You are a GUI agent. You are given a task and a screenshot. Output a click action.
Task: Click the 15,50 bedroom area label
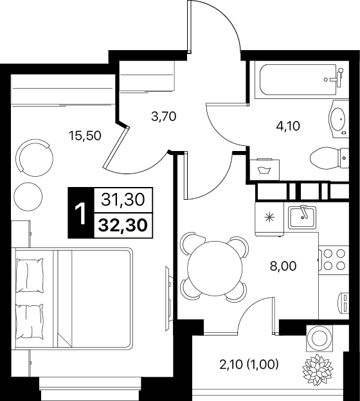tap(85, 136)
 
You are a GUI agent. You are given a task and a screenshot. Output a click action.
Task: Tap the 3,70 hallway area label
tap(164, 116)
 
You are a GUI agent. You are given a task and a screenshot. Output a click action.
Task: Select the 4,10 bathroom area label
tap(288, 126)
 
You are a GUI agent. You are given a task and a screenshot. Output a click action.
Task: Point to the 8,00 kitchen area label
tap(283, 266)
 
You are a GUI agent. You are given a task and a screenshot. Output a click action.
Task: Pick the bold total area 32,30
tap(123, 226)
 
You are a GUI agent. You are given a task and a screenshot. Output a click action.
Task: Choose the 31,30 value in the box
tap(123, 199)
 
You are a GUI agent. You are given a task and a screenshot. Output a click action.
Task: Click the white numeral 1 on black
tap(81, 213)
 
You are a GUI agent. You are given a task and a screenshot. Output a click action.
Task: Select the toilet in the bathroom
tap(329, 158)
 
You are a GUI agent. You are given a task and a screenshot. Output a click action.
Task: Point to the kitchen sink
tap(302, 217)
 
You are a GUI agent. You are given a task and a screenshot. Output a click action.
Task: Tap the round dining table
tap(215, 268)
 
